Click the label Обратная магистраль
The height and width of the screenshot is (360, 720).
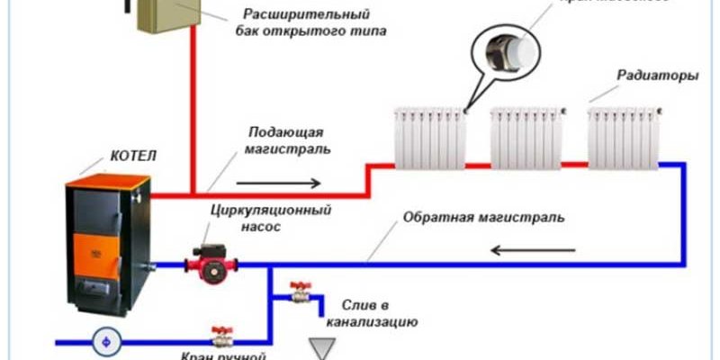pos(483,219)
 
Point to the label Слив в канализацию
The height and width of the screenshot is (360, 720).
pos(378,311)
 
